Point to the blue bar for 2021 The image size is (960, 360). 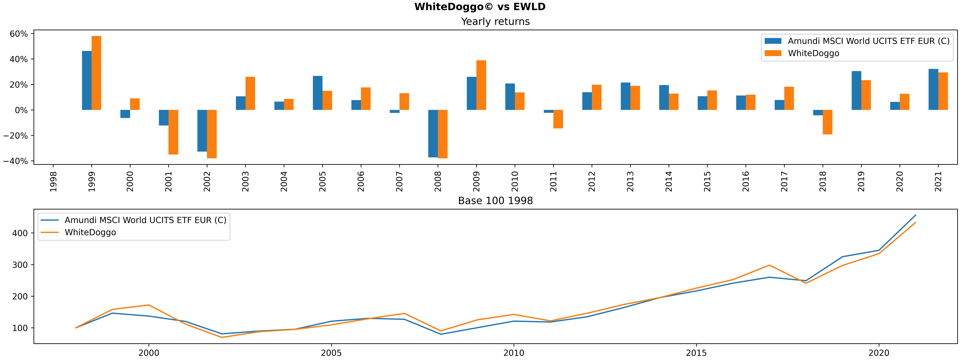coord(933,89)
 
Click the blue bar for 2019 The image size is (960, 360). coord(856,91)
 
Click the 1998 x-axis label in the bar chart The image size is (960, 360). coord(53,181)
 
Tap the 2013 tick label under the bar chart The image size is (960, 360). coord(630,181)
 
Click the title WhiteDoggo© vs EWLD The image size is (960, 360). coord(480,7)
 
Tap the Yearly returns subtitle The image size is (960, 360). coord(495,22)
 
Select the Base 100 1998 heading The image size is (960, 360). coord(495,201)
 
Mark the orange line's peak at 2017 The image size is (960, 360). coord(770,265)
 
